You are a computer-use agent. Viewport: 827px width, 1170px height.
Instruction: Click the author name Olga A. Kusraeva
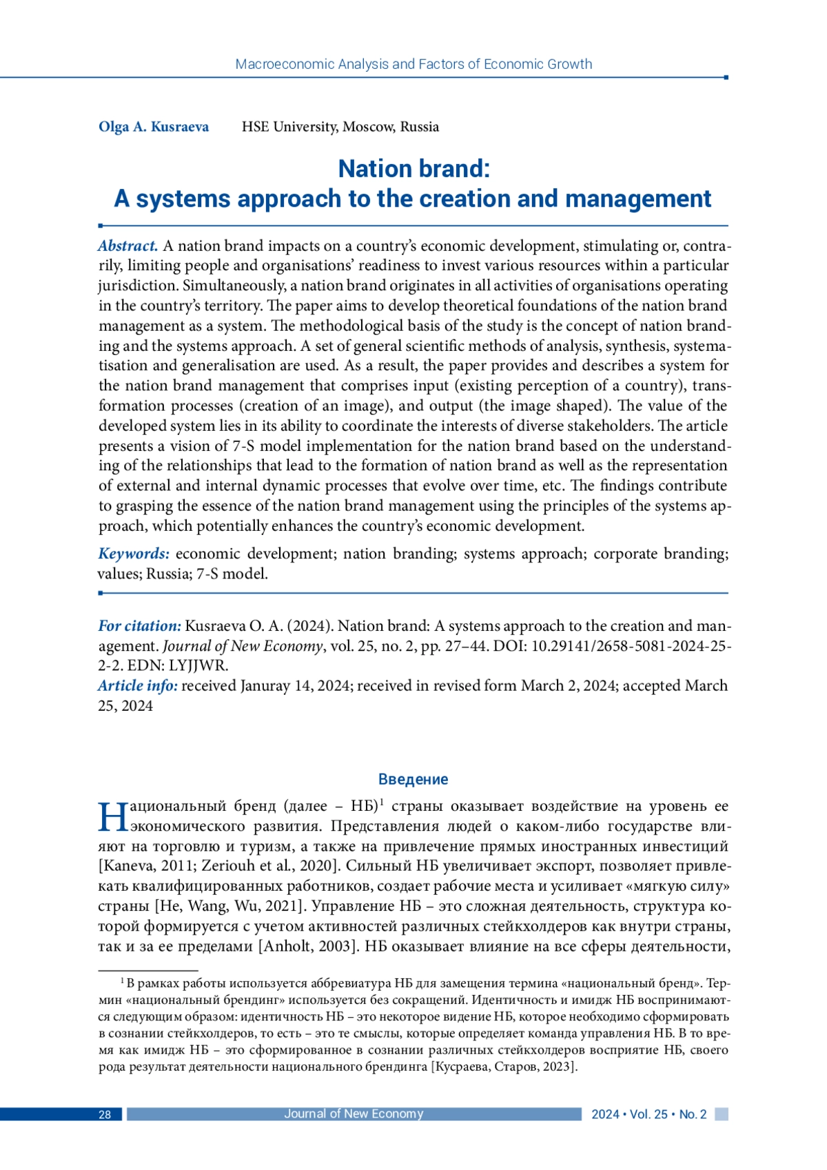pyautogui.click(x=153, y=127)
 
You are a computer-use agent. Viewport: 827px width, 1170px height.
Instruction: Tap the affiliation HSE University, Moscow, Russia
pyautogui.click(x=340, y=127)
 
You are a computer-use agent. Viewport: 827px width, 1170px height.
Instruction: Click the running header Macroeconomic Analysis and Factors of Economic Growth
pyautogui.click(x=413, y=64)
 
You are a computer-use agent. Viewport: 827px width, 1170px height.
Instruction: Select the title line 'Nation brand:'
pyautogui.click(x=413, y=169)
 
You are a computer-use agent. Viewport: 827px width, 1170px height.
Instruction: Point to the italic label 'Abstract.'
pyautogui.click(x=128, y=246)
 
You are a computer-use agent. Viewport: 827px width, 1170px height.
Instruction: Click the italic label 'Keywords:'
pyautogui.click(x=134, y=554)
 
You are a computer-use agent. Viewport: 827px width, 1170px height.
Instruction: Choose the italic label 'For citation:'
pyautogui.click(x=139, y=626)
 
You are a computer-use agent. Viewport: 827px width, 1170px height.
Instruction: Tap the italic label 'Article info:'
pyautogui.click(x=138, y=686)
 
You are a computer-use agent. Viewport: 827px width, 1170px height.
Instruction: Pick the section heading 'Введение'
pyautogui.click(x=413, y=779)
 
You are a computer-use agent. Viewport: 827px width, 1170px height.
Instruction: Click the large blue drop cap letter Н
pyautogui.click(x=112, y=817)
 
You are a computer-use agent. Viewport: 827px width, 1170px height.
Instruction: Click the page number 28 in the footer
pyautogui.click(x=105, y=1115)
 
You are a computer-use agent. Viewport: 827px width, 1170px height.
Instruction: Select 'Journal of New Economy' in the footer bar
pyautogui.click(x=354, y=1114)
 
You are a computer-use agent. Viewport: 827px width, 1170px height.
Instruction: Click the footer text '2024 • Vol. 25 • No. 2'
pyautogui.click(x=649, y=1115)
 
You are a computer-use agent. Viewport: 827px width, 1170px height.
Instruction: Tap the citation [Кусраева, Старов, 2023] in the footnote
pyautogui.click(x=504, y=1067)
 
